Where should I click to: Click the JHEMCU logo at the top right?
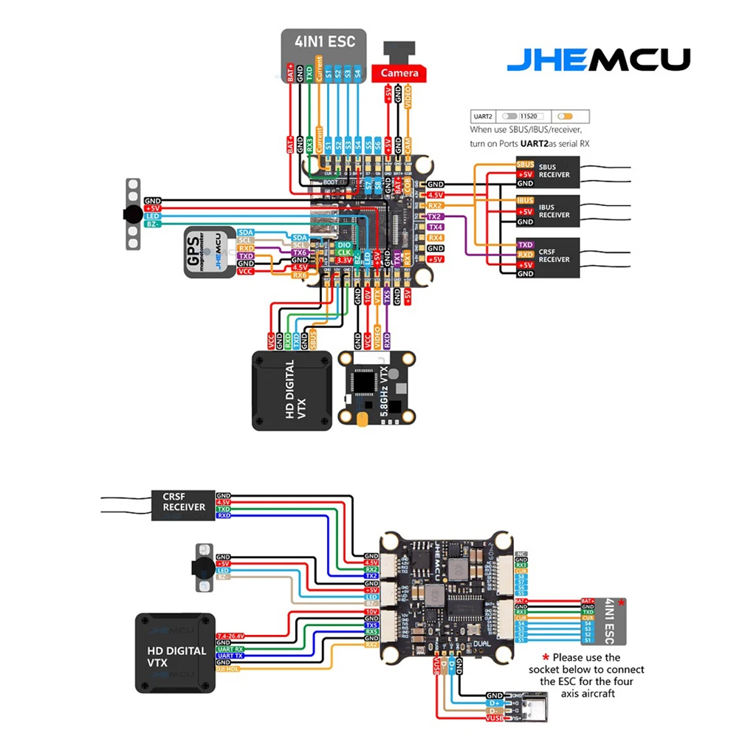[598, 60]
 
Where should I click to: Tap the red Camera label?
[399, 72]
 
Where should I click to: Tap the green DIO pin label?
[344, 244]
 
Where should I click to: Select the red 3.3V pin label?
[344, 261]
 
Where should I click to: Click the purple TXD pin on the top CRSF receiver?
[525, 244]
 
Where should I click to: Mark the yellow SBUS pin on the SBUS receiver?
[525, 165]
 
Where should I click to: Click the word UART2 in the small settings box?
[482, 117]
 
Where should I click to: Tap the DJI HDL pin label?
[228, 670]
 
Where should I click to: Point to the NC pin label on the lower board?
[521, 553]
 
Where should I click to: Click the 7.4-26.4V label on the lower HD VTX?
[230, 636]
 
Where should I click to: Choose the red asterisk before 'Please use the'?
[546, 657]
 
